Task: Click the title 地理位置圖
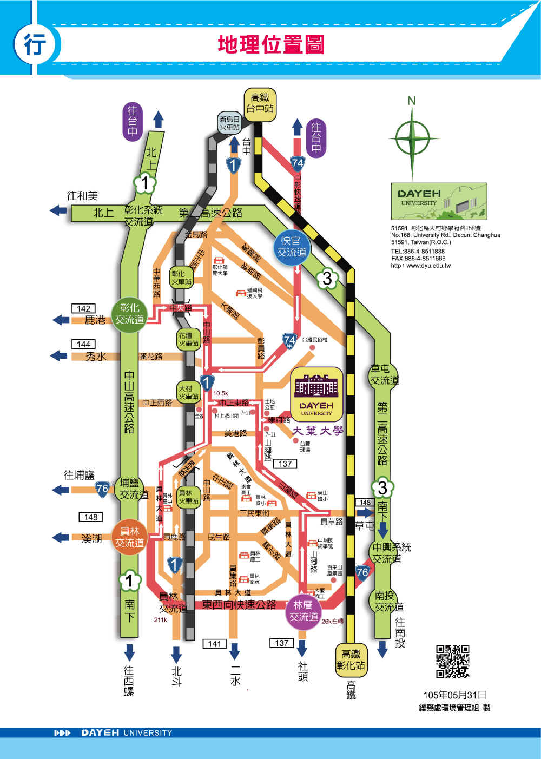tap(271, 45)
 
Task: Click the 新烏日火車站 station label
tap(229, 123)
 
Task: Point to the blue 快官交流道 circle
tap(292, 247)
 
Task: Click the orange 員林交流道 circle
tap(129, 537)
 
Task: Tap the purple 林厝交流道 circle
tap(304, 611)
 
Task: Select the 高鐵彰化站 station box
tap(351, 659)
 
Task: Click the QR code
tap(453, 661)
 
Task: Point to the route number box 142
tap(83, 308)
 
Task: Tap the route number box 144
tap(83, 344)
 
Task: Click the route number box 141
tap(215, 643)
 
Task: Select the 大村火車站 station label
tap(189, 392)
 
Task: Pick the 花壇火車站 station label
tap(189, 339)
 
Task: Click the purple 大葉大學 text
tap(318, 431)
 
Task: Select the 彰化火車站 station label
tap(181, 278)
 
